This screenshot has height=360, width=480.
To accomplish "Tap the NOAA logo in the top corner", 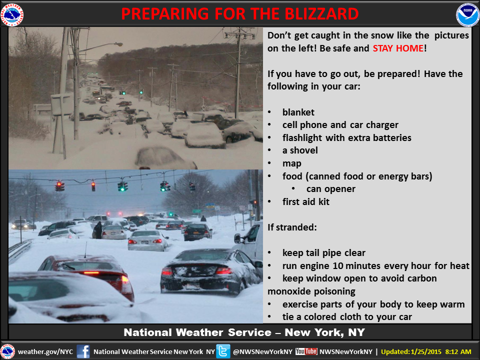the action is tap(467, 14).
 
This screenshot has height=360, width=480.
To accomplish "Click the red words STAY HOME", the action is tap(398, 48).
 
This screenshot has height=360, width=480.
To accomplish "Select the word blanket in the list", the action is tap(298, 112).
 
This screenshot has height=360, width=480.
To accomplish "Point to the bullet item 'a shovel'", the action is tap(300, 150).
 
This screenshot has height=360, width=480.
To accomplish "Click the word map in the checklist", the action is tap(291, 164).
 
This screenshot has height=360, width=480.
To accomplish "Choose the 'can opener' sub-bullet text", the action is tap(331, 189).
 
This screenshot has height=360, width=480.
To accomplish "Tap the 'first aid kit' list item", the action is tap(306, 201).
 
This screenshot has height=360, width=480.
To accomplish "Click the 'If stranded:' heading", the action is tap(292, 227).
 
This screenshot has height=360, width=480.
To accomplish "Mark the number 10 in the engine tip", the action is tap(338, 265).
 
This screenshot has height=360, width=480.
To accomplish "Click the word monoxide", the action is tap(311, 291).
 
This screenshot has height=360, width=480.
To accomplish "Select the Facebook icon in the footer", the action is tap(83, 351).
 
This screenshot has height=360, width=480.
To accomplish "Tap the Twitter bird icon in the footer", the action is tap(223, 351).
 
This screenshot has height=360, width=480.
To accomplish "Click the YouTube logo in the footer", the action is tap(306, 351).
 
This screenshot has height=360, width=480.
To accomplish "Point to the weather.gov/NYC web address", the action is tap(45, 351).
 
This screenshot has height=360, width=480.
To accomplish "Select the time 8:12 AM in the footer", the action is tap(458, 351).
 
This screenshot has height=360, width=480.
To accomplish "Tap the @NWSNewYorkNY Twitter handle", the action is tap(262, 351).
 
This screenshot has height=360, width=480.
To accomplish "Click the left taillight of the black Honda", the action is tap(167, 271).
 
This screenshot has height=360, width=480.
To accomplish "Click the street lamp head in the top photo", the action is tap(118, 44).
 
